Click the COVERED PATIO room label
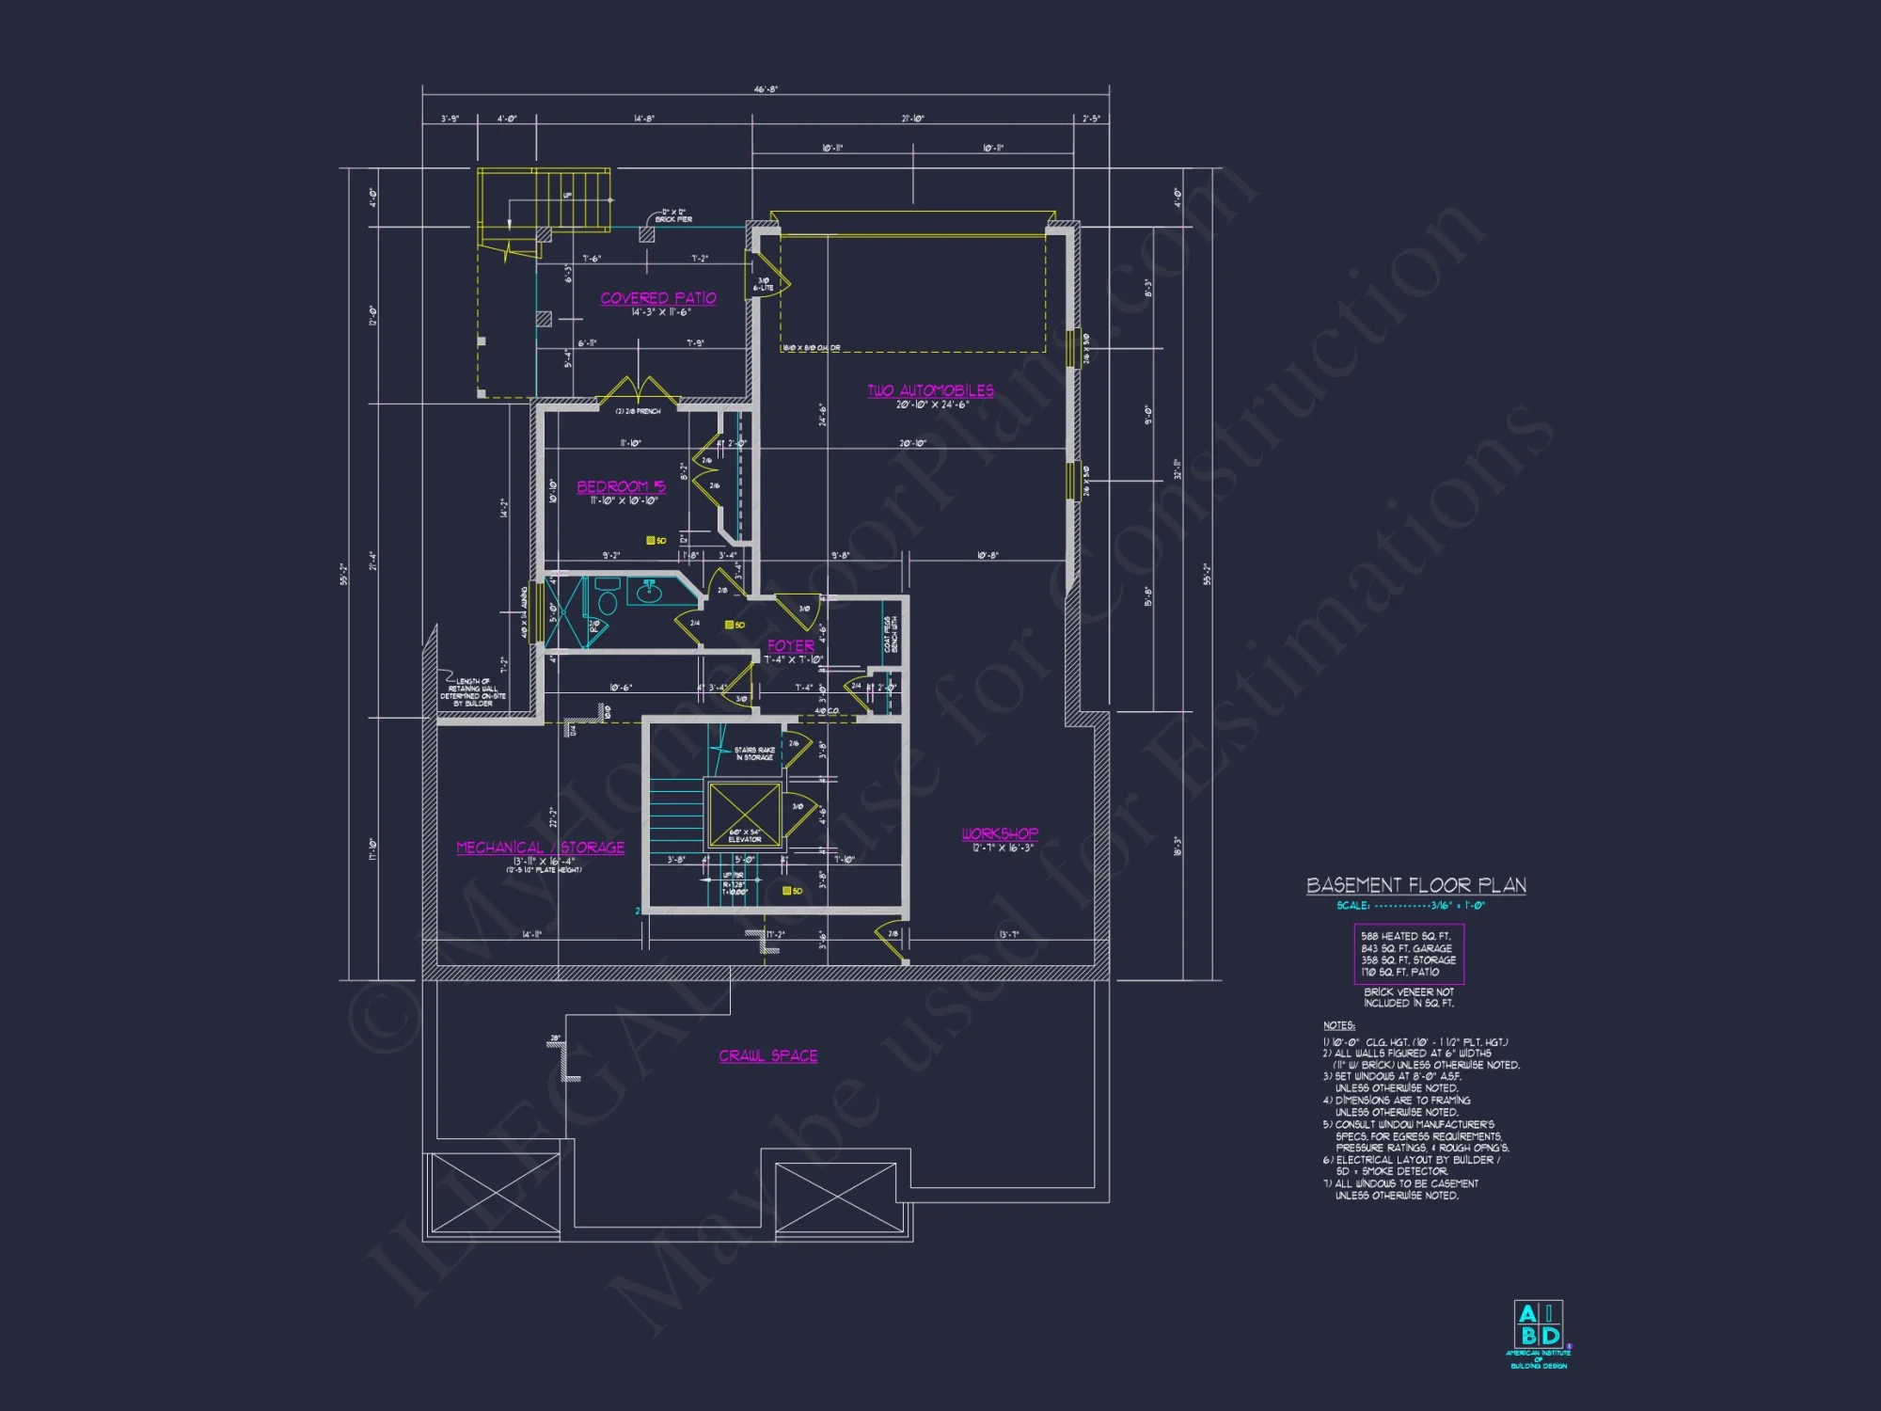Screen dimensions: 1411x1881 (658, 298)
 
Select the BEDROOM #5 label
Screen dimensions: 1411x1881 (621, 486)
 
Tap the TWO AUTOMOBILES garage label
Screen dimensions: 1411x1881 (930, 390)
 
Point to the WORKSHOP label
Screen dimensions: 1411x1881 (1000, 833)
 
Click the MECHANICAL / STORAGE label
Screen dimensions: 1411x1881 (540, 848)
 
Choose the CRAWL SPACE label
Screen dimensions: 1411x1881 (767, 1055)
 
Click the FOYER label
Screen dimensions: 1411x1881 (791, 645)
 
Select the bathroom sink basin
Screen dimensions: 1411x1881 (649, 593)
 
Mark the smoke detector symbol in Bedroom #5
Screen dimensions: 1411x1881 (651, 540)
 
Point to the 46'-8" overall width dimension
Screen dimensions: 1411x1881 (766, 89)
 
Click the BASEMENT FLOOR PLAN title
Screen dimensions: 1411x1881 (1415, 885)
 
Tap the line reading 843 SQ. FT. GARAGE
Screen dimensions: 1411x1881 (1407, 948)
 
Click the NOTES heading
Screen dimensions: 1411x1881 (1339, 1025)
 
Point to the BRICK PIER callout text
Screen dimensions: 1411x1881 (673, 216)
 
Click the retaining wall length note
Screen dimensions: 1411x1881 (474, 692)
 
